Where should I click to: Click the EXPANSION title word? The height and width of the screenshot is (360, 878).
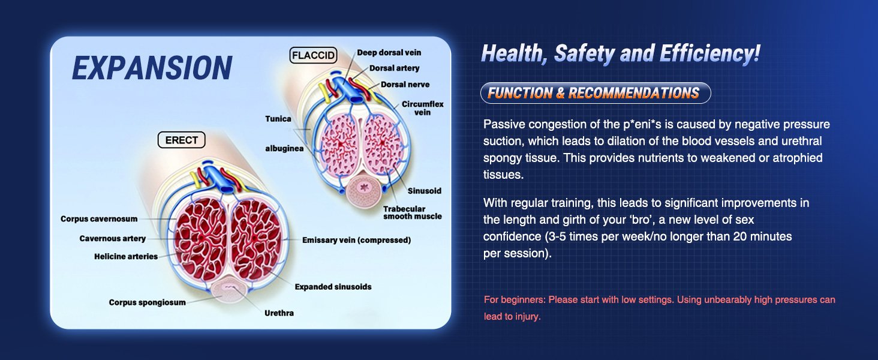(152, 67)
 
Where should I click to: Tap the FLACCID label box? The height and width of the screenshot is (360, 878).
(314, 55)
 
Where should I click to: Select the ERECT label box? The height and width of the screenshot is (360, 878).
(182, 140)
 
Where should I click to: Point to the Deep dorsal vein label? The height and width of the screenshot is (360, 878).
(389, 53)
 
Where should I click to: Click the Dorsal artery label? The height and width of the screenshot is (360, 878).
(394, 68)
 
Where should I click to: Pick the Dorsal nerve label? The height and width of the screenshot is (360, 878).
(405, 85)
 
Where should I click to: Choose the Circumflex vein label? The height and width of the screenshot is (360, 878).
(423, 108)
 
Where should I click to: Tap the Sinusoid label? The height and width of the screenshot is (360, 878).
(425, 191)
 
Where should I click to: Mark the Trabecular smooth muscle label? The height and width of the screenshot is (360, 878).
(413, 212)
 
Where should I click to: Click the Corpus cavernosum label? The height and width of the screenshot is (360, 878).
(99, 219)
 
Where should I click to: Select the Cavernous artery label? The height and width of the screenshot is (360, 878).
(113, 238)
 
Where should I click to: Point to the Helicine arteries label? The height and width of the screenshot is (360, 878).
(126, 256)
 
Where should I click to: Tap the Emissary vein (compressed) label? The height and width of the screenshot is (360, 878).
(356, 240)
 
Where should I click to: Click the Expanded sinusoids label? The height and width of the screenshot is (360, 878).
(333, 287)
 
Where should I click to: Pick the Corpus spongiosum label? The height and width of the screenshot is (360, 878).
(148, 302)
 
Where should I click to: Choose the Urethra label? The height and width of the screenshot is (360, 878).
(279, 313)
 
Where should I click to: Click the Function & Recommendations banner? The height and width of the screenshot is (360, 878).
(596, 93)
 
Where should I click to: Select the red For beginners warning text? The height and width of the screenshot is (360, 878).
(659, 308)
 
